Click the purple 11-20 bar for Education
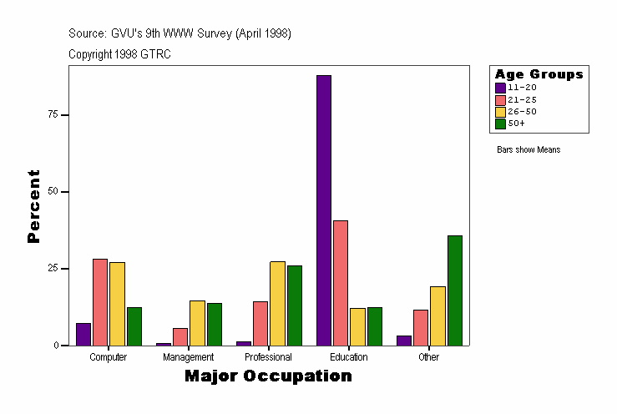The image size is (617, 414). coord(324,210)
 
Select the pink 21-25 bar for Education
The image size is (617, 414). coord(341,282)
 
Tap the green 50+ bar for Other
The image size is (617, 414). coord(454,290)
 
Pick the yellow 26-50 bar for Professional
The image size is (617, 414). coord(277,303)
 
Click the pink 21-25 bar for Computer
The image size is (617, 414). coord(100,301)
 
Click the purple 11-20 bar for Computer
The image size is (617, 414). coord(83,333)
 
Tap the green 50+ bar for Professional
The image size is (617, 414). coord(294,305)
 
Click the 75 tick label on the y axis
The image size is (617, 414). coord(53,114)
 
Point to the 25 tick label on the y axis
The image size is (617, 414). coord(53,269)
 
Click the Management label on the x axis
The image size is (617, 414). coord(189,357)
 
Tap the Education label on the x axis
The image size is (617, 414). coord(348,357)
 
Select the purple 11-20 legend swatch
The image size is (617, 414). coord(500,88)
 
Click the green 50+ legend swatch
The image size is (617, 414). coord(500,124)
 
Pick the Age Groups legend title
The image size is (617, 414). coord(539,74)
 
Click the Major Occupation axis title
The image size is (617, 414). coord(268,376)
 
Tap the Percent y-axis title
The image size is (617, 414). coord(33,206)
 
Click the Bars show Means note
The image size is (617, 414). coord(528,150)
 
